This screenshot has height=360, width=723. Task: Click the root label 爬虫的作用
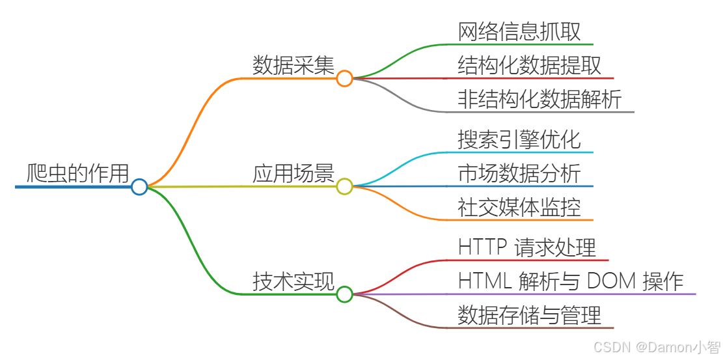[77, 174]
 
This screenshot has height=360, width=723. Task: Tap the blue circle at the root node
[139, 187]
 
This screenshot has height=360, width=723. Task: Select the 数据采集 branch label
[293, 66]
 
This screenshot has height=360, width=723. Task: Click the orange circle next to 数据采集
[344, 79]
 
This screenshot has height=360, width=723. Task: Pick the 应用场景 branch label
[293, 174]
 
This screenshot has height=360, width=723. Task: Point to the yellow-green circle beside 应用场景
[344, 187]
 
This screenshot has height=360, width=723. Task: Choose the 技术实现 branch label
[293, 282]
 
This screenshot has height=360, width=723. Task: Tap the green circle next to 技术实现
[344, 294]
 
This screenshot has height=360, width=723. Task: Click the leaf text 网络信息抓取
[519, 32]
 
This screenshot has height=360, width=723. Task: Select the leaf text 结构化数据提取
[529, 66]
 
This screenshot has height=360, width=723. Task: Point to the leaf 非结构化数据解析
[539, 100]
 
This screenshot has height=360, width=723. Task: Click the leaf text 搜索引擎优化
[519, 140]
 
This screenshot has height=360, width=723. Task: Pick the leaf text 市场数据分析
[519, 174]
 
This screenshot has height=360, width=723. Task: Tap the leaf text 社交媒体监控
[519, 208]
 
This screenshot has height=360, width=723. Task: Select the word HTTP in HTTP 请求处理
[483, 248]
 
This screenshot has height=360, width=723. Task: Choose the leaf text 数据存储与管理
[529, 316]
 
